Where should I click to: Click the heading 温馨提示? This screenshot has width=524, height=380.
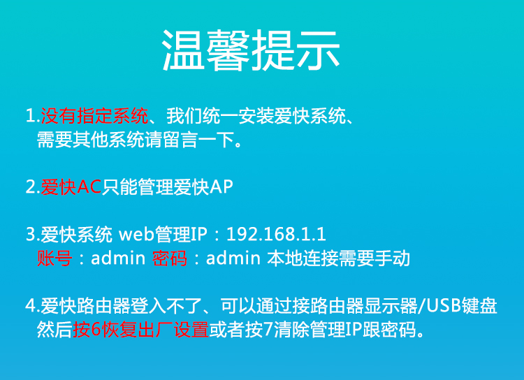click(251, 50)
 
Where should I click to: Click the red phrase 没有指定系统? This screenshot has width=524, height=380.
click(94, 116)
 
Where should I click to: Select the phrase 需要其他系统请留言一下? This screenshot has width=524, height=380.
click(136, 140)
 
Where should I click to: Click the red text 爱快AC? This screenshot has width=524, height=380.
click(71, 187)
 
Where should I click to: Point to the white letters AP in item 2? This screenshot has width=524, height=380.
click(221, 187)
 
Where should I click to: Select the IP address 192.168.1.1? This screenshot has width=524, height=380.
click(276, 234)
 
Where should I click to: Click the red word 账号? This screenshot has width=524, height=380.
click(54, 258)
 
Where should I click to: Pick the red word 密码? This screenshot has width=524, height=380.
click(170, 258)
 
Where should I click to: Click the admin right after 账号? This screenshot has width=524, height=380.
click(118, 258)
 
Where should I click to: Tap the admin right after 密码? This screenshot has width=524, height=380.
click(233, 258)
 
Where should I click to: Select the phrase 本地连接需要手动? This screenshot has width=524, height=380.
click(338, 258)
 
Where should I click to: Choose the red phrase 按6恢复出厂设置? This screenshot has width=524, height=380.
click(140, 330)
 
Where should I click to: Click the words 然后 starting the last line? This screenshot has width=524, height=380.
click(54, 330)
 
